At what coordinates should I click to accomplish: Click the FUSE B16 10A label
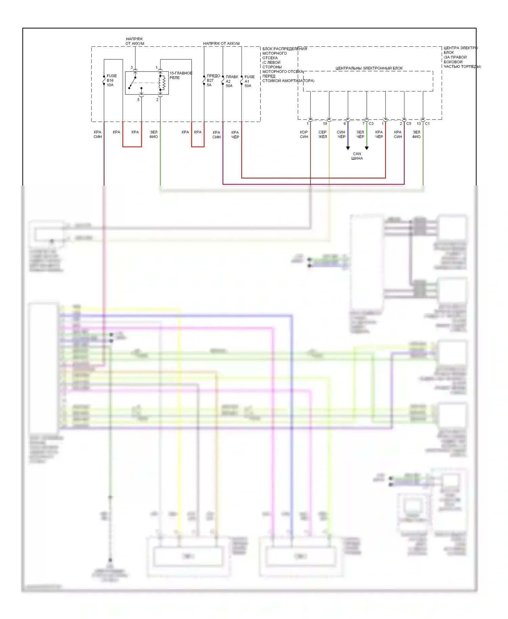(x=111, y=81)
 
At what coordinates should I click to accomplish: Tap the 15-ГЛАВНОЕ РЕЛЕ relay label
(x=181, y=75)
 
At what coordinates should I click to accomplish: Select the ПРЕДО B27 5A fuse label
(x=213, y=81)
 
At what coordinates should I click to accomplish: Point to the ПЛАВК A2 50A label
(x=232, y=81)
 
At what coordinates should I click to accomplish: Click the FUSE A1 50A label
(x=249, y=81)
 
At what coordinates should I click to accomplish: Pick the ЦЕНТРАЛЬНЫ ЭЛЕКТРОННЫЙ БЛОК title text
(x=369, y=68)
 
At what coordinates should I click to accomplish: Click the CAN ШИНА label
(x=357, y=156)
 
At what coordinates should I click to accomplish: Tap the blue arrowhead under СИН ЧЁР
(x=348, y=148)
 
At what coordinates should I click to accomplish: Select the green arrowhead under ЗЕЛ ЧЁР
(x=367, y=148)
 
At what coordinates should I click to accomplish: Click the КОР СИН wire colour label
(x=304, y=134)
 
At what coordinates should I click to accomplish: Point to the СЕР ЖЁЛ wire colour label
(x=322, y=134)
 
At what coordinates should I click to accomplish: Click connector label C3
(x=371, y=124)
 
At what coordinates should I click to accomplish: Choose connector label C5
(x=409, y=124)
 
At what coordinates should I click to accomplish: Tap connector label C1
(x=427, y=124)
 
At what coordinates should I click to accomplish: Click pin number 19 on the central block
(x=325, y=124)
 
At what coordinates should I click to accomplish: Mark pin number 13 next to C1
(x=419, y=124)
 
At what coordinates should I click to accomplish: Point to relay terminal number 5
(x=138, y=100)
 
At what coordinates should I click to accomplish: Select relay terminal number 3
(x=132, y=67)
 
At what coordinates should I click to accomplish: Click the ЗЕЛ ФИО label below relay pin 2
(x=154, y=134)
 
